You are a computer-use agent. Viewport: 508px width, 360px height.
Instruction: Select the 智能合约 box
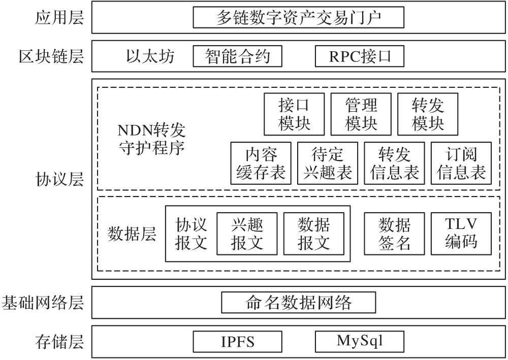238,56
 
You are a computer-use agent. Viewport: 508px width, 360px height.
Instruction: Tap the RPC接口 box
360,56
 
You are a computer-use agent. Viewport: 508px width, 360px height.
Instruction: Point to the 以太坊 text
150,56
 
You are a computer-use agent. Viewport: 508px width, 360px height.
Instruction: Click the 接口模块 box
294,115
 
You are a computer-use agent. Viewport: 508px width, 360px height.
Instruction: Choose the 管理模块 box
361,115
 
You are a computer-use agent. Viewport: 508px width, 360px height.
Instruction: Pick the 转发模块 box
428,115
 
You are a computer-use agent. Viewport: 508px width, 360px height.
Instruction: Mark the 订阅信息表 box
461,163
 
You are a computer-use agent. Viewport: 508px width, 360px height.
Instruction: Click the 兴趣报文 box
247,233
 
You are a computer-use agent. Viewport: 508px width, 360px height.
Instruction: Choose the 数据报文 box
313,233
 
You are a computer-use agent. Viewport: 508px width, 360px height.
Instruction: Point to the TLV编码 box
461,233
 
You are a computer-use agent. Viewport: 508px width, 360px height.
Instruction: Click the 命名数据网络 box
298,303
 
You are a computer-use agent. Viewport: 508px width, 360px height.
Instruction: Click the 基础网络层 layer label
43,303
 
